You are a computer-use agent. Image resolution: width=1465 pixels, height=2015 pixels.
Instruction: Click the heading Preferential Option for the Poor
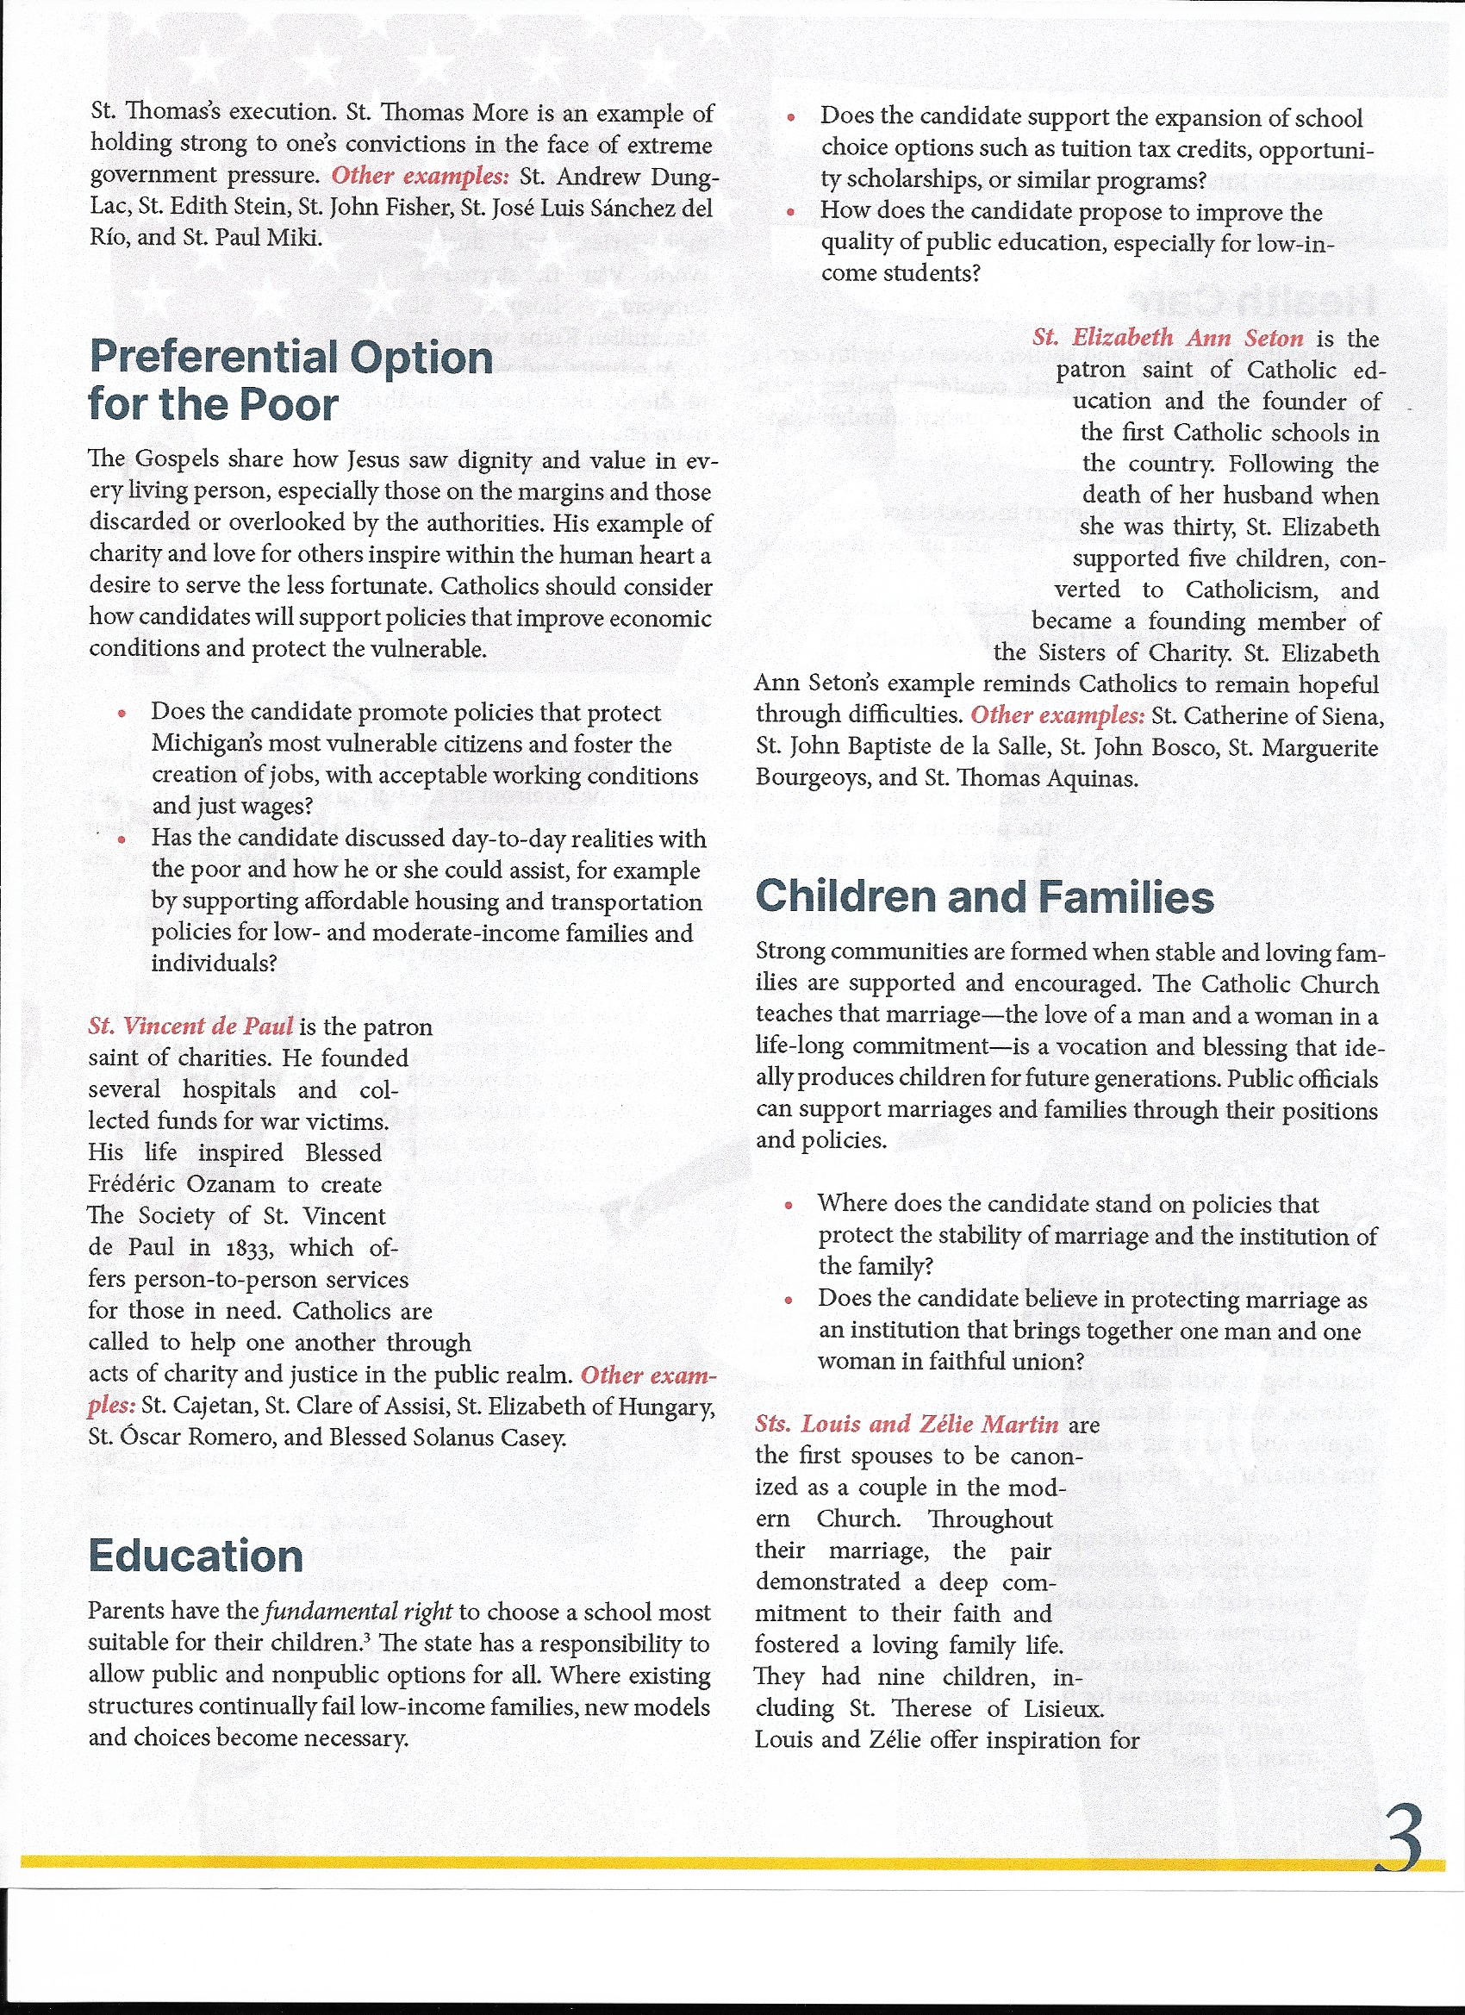(x=290, y=380)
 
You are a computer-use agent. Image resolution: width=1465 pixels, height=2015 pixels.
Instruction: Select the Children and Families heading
(x=984, y=896)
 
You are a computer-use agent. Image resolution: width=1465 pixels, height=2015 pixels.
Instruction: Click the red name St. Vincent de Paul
(x=190, y=1026)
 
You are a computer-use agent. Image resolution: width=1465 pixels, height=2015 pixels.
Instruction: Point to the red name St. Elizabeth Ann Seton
(x=1168, y=338)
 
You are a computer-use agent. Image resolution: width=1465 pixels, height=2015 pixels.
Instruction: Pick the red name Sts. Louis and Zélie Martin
(x=907, y=1423)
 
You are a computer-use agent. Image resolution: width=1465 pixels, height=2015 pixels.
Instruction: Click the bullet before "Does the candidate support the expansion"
(x=791, y=117)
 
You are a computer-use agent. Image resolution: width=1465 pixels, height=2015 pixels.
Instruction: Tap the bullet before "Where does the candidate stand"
(x=789, y=1205)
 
